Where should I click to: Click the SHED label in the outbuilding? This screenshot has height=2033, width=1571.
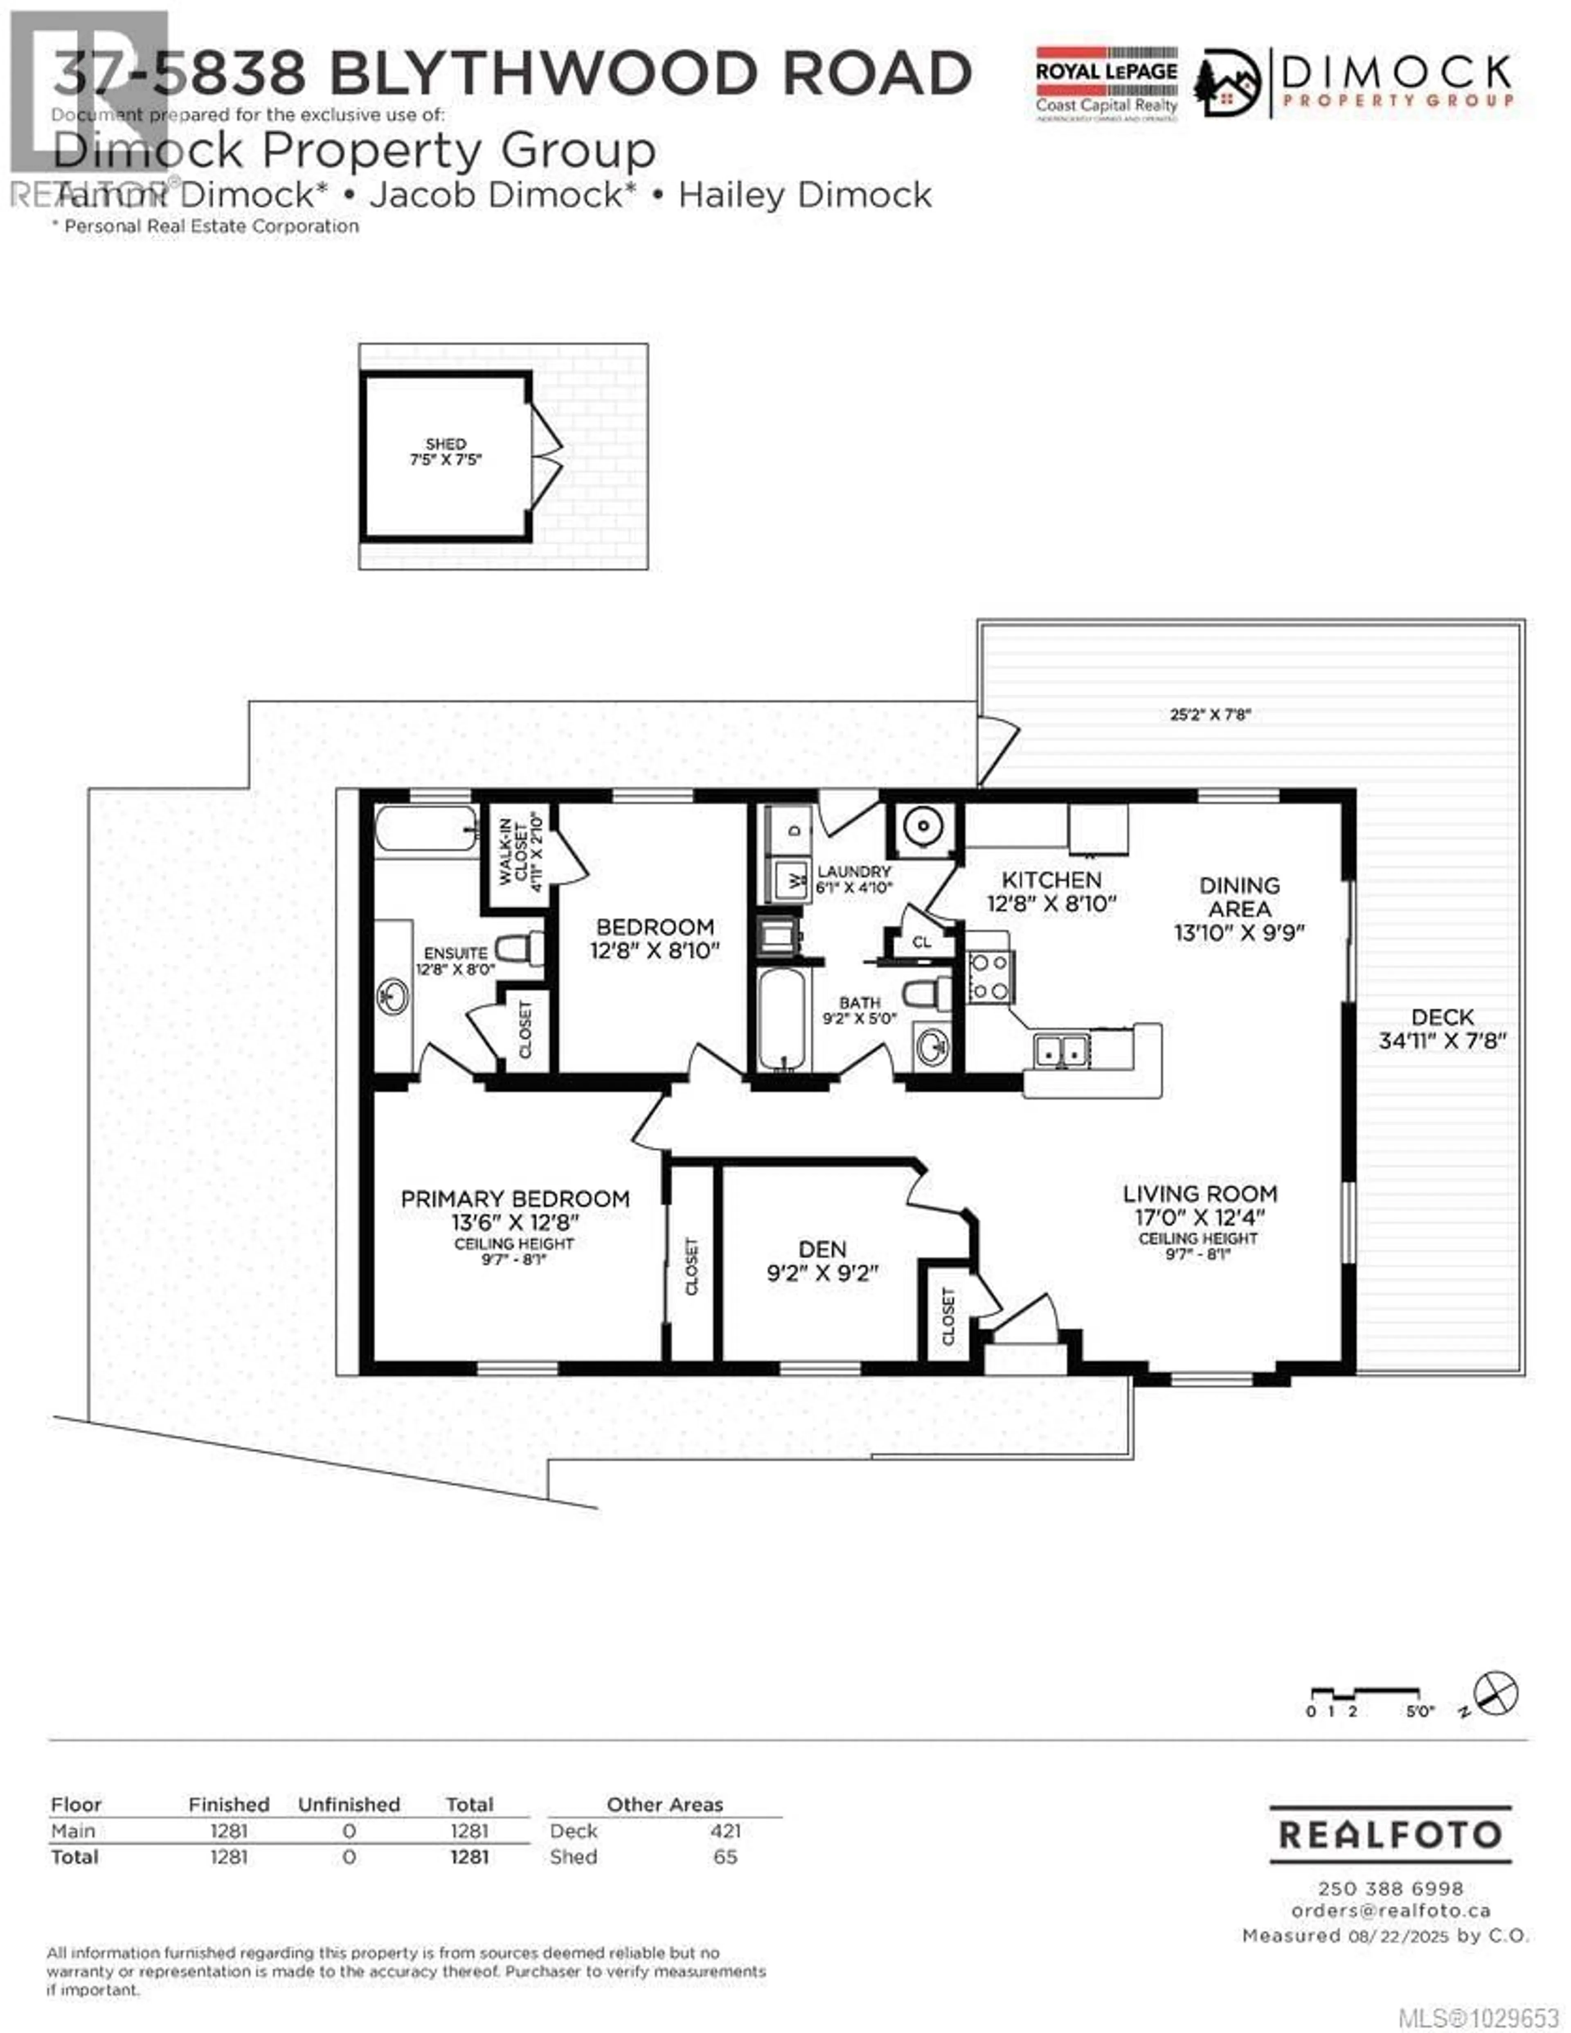click(x=446, y=444)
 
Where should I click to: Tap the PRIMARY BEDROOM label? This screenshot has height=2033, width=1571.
click(x=515, y=1199)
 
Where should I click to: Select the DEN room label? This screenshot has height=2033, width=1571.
click(x=822, y=1249)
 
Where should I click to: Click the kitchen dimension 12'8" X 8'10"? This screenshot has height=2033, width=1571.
click(x=1051, y=903)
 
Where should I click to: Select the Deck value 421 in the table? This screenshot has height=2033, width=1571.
click(x=725, y=1831)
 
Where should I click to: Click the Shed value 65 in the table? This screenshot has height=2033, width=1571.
click(x=725, y=1857)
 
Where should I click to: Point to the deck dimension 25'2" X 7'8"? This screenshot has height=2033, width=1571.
click(x=1210, y=715)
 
